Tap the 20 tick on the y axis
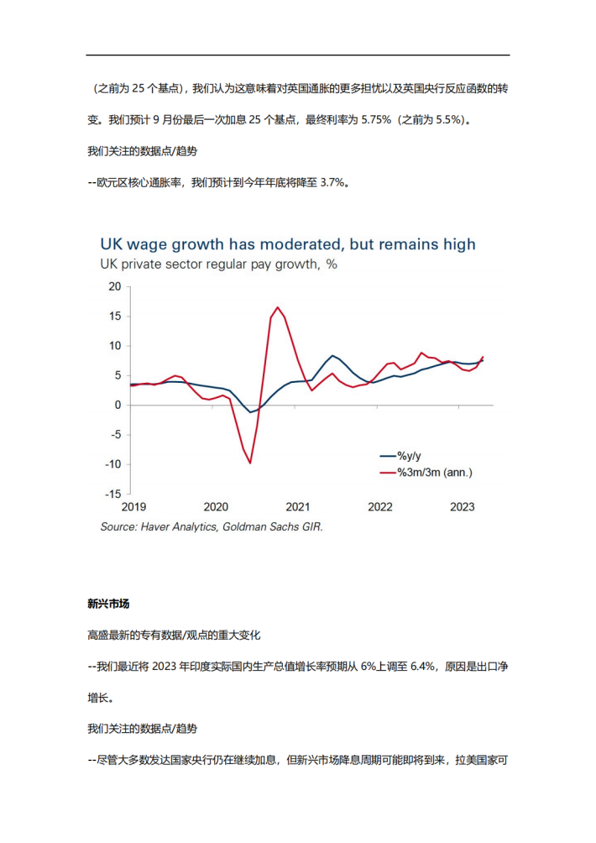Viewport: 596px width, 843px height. coord(115,286)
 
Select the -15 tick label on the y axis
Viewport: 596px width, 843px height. coord(112,494)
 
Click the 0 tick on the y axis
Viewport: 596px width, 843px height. coord(118,405)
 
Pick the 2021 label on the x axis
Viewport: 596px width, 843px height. coord(298,507)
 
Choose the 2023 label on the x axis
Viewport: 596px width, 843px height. coord(463,507)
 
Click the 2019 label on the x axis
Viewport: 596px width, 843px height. coord(133,507)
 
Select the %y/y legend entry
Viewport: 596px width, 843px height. coord(400,456)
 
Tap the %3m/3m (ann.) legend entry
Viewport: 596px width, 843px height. coord(426,473)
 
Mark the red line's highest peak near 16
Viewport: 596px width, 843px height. coord(277,307)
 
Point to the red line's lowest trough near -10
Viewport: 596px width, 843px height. coord(250,463)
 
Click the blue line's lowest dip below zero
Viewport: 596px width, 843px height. coord(250,412)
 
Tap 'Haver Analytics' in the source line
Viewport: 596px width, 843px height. coord(178,527)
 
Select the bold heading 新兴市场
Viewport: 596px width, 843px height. coord(108,604)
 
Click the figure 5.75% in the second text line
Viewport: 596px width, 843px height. coord(376,120)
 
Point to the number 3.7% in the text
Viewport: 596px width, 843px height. coord(332,183)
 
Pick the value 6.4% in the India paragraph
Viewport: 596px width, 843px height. coord(422,667)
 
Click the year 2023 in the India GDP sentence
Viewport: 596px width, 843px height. coord(165,667)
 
